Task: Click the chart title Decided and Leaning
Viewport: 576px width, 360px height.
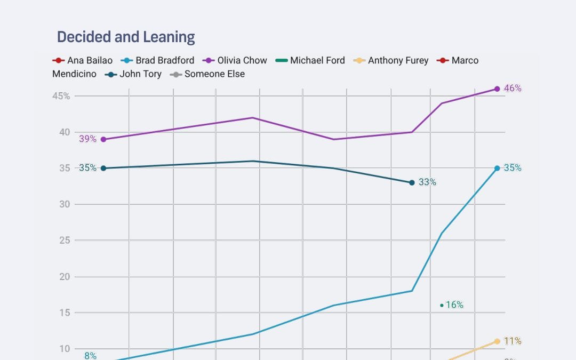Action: pos(126,37)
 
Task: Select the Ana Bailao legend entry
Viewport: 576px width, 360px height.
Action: pos(83,60)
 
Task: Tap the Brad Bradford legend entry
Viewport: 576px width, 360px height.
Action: pos(158,60)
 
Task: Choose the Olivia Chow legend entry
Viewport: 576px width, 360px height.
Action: pos(235,60)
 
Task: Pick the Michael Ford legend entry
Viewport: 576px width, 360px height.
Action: pos(310,60)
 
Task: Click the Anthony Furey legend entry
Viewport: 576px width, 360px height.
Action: pos(391,60)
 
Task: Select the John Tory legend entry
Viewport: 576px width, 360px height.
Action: pos(134,74)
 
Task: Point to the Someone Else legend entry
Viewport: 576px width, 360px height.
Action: pos(208,74)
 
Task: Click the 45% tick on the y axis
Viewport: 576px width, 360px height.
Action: pos(61,96)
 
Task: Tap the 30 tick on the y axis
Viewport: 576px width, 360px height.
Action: pos(64,204)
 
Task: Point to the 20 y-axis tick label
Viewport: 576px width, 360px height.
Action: pos(64,276)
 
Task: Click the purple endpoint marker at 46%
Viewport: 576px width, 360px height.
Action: pos(497,89)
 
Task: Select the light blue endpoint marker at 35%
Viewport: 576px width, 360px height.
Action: pos(497,168)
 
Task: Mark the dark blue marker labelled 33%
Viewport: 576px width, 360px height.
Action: pos(412,182)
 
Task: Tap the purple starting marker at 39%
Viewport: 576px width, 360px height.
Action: pos(103,139)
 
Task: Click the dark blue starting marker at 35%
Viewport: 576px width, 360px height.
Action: pos(103,168)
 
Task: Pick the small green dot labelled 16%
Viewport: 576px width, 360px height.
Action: pos(442,306)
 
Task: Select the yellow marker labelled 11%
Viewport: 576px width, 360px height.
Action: pos(497,341)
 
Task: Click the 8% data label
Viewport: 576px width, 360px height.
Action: pos(90,356)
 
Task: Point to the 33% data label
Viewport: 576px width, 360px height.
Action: pos(427,182)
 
